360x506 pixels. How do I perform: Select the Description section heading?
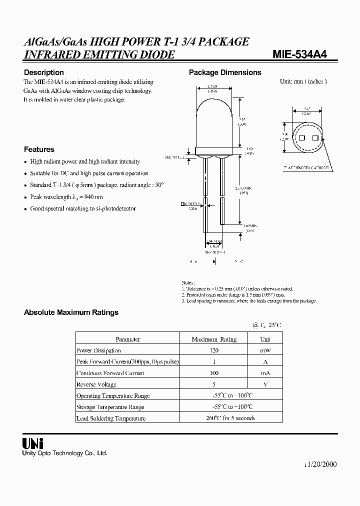point(44,72)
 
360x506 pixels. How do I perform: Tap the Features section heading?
point(39,149)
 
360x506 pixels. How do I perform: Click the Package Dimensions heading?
point(225,72)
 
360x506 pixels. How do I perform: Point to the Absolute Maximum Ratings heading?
point(71,312)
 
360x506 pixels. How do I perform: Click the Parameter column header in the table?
point(127,339)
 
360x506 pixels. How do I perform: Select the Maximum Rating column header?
point(214,339)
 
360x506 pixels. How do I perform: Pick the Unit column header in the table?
point(265,339)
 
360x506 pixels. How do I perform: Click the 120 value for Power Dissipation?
point(214,350)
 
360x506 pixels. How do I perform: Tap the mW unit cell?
point(265,350)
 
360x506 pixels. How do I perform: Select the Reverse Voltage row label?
point(96,384)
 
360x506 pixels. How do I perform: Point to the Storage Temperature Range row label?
point(110,407)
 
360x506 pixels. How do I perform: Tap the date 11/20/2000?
point(320,464)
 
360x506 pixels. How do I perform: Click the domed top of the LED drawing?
point(215,107)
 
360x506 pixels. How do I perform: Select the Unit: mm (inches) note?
point(303,81)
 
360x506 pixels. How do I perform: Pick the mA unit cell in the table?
point(265,373)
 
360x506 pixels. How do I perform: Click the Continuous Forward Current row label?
point(110,373)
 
